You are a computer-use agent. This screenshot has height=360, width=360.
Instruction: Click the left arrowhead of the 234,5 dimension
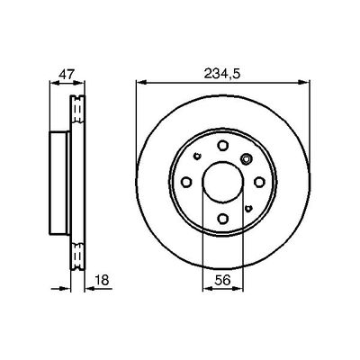[140, 84]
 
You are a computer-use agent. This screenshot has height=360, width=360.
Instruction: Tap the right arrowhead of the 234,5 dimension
[299, 84]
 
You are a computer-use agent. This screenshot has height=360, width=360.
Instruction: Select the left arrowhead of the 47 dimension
[47, 84]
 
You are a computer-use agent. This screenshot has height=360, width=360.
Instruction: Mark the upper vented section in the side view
[76, 112]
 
